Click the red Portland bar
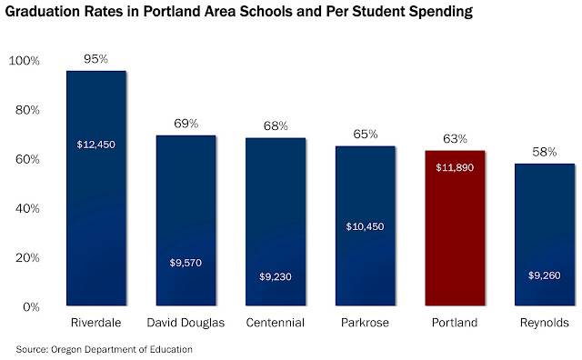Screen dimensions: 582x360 455,228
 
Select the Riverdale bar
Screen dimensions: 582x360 96,188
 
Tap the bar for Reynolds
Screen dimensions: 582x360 545,235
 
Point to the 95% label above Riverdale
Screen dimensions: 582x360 95,59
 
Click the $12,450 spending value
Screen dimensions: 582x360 96,145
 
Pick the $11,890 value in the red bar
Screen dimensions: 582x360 455,167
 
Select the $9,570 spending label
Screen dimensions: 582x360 186,263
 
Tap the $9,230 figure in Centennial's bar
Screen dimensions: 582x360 276,276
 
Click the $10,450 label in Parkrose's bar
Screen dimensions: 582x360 365,226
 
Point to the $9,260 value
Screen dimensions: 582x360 545,275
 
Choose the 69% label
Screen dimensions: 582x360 186,124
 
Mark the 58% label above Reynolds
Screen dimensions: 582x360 545,152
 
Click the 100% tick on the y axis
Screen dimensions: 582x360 24,61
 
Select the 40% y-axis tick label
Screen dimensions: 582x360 27,208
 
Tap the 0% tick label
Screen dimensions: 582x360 31,307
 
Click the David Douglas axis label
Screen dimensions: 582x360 186,323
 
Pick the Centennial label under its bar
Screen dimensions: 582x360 276,323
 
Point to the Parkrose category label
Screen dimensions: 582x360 365,323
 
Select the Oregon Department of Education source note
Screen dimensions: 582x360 121,349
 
